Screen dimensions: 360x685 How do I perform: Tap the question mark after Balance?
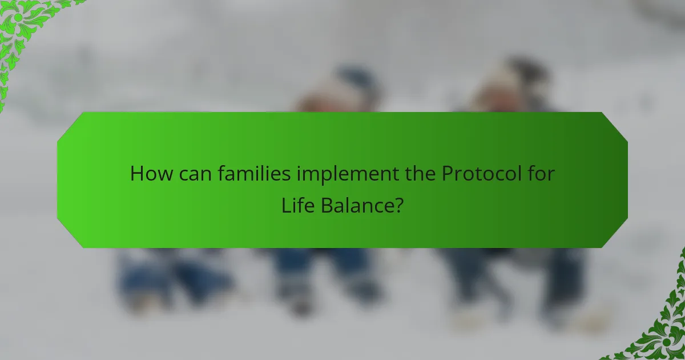[x=398, y=206]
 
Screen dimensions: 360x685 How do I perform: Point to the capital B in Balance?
[x=326, y=206]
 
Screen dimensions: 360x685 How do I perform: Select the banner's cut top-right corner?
[x=615, y=125]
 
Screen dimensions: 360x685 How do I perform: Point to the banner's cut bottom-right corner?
[x=615, y=235]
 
